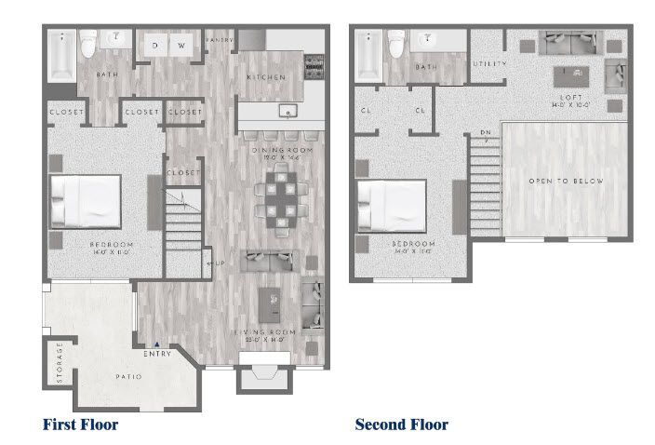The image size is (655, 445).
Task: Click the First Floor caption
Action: click(80, 425)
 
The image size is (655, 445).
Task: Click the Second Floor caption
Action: click(401, 425)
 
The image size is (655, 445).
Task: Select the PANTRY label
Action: click(219, 40)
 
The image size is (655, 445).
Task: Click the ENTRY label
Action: click(156, 353)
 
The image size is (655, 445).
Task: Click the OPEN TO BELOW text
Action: click(566, 181)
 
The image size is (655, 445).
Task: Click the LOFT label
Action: click(570, 97)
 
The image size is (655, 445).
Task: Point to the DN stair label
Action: click(485, 132)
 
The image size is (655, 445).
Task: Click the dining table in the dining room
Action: click(280, 198)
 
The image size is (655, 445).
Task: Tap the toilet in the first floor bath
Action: click(88, 43)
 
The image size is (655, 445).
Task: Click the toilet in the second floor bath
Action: click(395, 43)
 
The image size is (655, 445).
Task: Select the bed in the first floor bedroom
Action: click(86, 199)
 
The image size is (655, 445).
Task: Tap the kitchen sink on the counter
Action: click(289, 111)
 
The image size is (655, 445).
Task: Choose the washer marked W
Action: click(182, 45)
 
